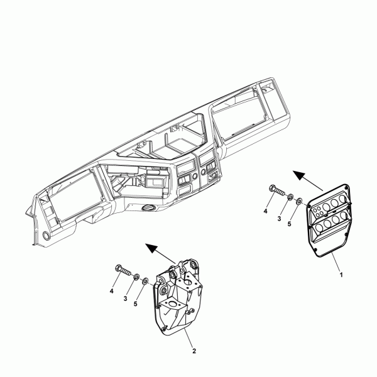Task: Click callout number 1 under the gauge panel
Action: point(341,275)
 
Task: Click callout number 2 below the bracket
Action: point(194,351)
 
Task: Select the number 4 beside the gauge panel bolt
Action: point(265,211)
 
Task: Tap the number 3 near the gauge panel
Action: point(279,219)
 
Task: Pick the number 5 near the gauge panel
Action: point(289,224)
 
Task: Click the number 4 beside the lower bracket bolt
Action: point(111,291)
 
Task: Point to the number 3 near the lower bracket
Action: point(125,298)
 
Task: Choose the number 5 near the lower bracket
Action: point(135,304)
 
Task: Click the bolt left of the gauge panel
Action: point(278,190)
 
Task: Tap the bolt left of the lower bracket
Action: point(123,270)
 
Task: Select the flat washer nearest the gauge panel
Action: point(299,201)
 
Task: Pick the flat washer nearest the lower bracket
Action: point(146,281)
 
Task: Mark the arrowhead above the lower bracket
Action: point(151,248)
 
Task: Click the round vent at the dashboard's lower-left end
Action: point(46,235)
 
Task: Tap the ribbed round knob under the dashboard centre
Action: point(148,208)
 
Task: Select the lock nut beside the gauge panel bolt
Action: point(290,197)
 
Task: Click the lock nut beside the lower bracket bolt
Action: point(136,276)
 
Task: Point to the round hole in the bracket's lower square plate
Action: point(172,303)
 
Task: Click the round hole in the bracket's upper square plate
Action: point(188,281)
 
